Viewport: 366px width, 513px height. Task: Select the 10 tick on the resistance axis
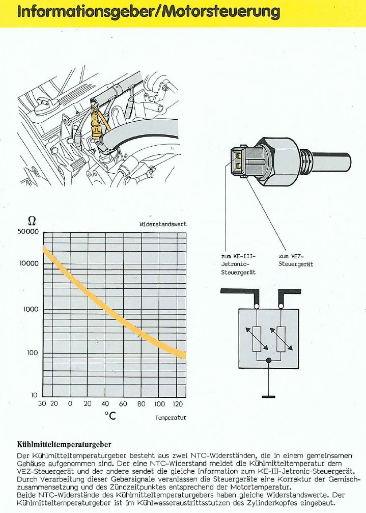pos(34,395)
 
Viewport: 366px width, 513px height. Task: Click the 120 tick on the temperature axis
pos(177,404)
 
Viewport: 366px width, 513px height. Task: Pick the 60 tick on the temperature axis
pos(123,404)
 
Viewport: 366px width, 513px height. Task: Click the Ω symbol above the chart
pos(31,221)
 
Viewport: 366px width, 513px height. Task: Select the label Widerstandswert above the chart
pos(163,224)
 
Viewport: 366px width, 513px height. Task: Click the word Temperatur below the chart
pos(171,418)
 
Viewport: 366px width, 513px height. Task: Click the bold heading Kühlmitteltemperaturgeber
pos(64,444)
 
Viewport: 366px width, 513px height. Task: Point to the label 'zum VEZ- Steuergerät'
pos(296,260)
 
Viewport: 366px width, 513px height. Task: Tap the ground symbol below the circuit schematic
pos(268,395)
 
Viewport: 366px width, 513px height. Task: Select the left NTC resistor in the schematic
pos(257,339)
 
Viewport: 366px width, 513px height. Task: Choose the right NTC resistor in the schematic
pos(280,339)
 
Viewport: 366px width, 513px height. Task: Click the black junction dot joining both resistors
pos(269,360)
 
